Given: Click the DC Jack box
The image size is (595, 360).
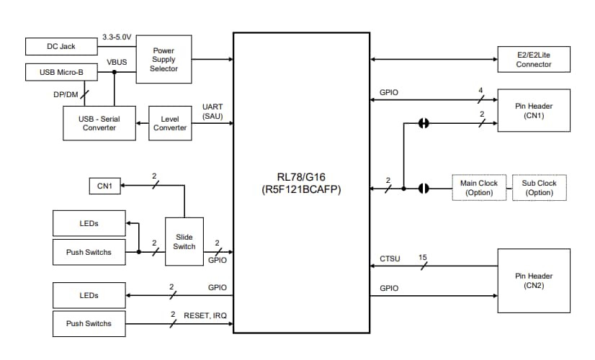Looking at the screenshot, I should click(61, 46).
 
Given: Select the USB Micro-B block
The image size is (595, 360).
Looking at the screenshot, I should click(61, 73).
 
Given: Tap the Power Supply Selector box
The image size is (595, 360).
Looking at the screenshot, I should click(164, 59).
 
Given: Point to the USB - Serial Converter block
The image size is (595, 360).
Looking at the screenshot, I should click(99, 123).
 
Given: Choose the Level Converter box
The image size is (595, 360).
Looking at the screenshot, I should click(170, 123).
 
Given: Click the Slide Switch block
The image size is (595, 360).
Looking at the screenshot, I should click(184, 242).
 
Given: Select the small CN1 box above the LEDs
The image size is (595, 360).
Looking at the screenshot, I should click(104, 186).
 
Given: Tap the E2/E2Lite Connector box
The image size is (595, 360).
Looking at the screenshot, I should click(533, 59).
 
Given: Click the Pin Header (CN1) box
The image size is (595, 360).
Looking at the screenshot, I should click(533, 111).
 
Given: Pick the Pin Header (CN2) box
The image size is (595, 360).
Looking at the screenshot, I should click(533, 280).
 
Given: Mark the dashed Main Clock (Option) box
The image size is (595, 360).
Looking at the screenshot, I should click(478, 188).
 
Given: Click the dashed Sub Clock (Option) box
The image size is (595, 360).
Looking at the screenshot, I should click(539, 188).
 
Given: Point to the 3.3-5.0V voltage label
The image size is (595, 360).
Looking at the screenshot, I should click(117, 37).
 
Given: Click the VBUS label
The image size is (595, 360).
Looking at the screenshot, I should click(117, 63).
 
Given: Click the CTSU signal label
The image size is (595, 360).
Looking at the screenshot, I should click(390, 258).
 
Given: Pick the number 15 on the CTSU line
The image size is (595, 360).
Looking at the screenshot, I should click(424, 257).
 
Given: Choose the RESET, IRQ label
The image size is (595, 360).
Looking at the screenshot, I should click(205, 315).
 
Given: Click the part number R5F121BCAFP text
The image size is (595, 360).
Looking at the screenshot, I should click(302, 190).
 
